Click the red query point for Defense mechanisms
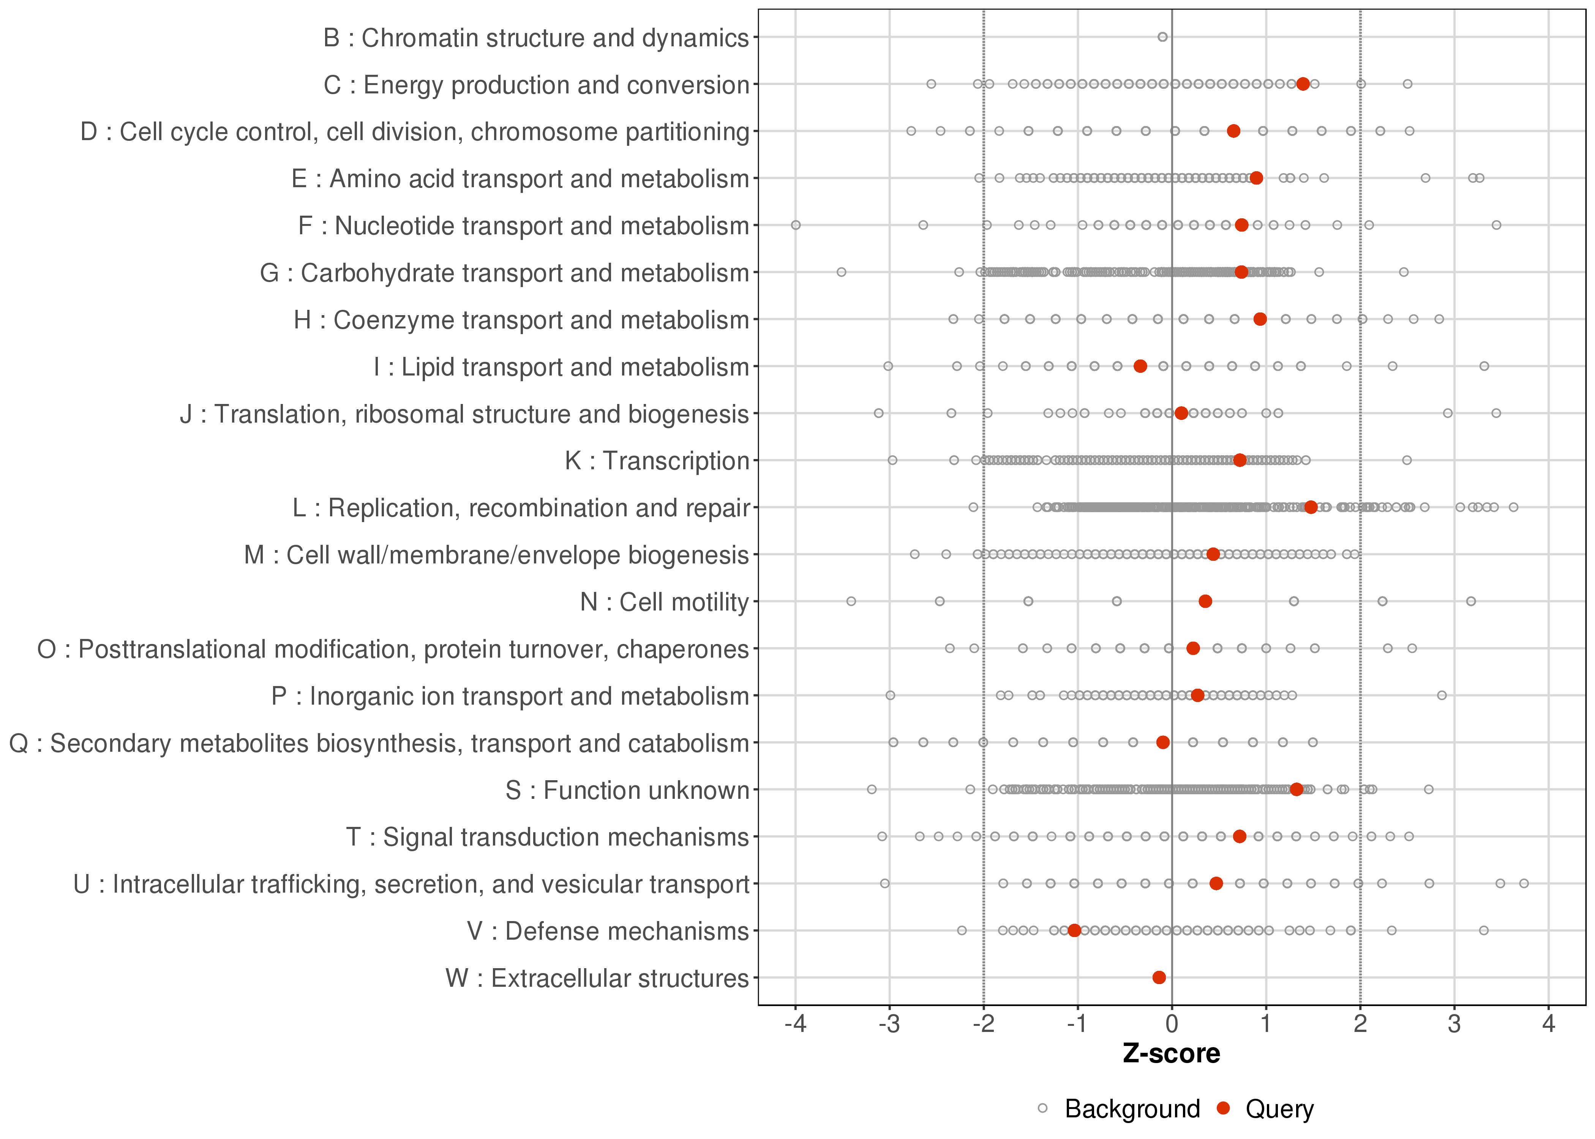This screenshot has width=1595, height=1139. (1074, 931)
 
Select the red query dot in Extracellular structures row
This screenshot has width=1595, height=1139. (1159, 978)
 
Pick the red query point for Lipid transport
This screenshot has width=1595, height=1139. (1140, 366)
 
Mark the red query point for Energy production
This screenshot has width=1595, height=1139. (1303, 84)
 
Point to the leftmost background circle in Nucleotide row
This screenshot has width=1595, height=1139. (795, 225)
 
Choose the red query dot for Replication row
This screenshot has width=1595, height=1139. (1310, 507)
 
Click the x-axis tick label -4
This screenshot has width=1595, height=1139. (795, 1025)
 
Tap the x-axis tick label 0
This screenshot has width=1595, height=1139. (1171, 1025)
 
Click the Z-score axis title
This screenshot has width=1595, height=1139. (1171, 1054)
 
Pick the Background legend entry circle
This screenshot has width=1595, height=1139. (1042, 1109)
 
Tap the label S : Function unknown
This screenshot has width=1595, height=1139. (627, 790)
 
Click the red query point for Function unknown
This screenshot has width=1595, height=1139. (1296, 790)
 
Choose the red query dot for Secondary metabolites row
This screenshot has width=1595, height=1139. (1163, 742)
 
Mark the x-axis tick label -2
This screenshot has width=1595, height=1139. (983, 1025)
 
